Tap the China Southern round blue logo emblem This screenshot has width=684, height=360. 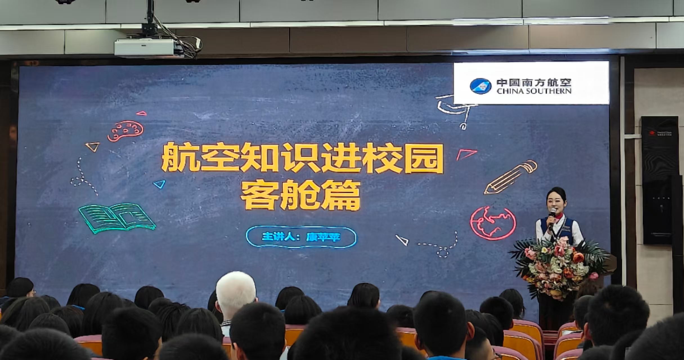click(x=481, y=86)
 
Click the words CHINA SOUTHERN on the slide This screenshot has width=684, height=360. click(x=534, y=91)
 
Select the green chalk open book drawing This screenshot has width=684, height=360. click(x=117, y=218)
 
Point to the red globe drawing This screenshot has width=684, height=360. click(x=493, y=223)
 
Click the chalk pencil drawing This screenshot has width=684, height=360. click(x=510, y=177)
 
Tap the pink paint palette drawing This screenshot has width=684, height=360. click(x=125, y=131)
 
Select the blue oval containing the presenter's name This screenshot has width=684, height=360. click(x=301, y=237)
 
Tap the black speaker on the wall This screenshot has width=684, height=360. click(x=660, y=180)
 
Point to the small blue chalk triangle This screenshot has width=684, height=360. click(x=160, y=184)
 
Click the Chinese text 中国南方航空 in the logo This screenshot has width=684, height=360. click(x=534, y=83)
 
